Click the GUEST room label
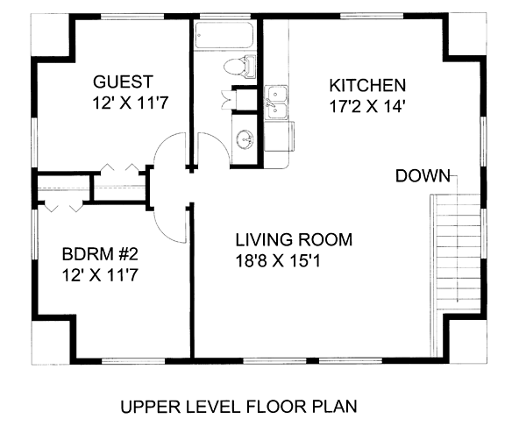pyautogui.click(x=123, y=82)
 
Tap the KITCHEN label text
pyautogui.click(x=367, y=86)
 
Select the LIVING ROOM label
pyautogui.click(x=294, y=240)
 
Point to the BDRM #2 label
pyautogui.click(x=100, y=254)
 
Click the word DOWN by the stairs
pyautogui.click(x=423, y=176)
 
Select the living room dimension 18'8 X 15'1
pyautogui.click(x=278, y=261)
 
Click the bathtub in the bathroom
pyautogui.click(x=224, y=35)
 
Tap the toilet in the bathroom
pyautogui.click(x=239, y=67)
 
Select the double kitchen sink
pyautogui.click(x=276, y=103)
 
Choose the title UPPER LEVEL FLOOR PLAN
pyautogui.click(x=238, y=407)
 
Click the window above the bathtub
pyautogui.click(x=224, y=17)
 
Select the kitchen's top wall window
pyautogui.click(x=372, y=17)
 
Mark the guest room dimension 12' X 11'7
pyautogui.click(x=130, y=103)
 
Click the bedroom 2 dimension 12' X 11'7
pyautogui.click(x=100, y=275)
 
